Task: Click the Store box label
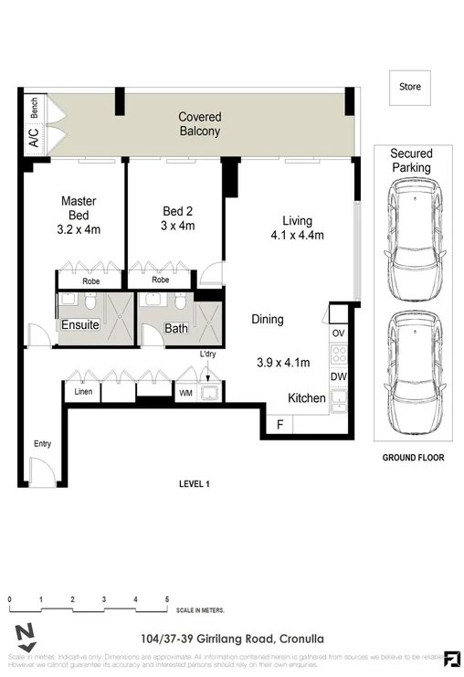click(410, 88)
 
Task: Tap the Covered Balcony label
click(199, 124)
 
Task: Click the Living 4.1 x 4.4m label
click(297, 227)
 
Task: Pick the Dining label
click(268, 320)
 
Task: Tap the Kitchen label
click(307, 398)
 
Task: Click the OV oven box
click(338, 333)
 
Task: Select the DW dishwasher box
click(338, 376)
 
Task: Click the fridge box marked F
click(279, 425)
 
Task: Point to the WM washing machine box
click(185, 393)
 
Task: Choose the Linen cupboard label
click(82, 392)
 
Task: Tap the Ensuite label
click(80, 325)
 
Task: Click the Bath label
click(175, 329)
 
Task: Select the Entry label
click(43, 444)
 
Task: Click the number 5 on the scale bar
click(167, 599)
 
